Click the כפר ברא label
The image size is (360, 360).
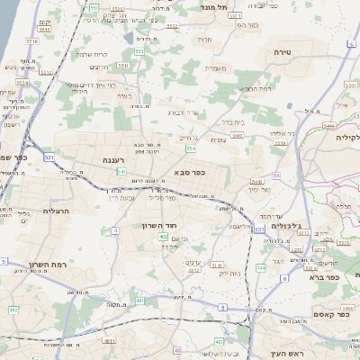pyautogui.click(x=322, y=277)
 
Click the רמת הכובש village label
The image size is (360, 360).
pyautogui.click(x=256, y=88)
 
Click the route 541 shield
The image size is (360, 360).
pyautogui.click(x=121, y=171)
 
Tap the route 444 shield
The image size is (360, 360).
pyautogui.click(x=260, y=267)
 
